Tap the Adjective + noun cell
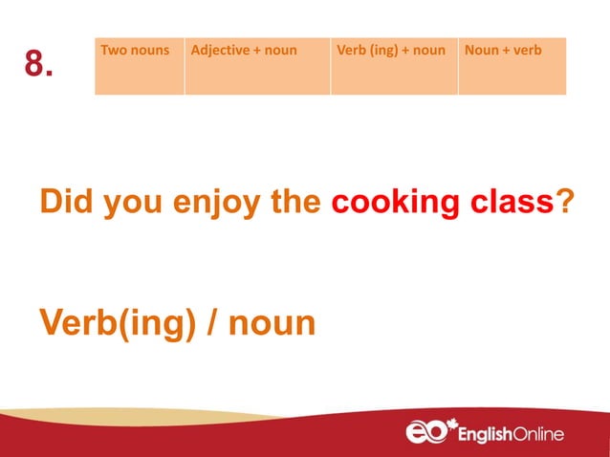coord(257,66)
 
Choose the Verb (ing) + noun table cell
coord(394,66)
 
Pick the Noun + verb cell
coord(512,66)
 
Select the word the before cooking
coord(299,204)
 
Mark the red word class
coord(511,204)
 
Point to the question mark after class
coord(565,204)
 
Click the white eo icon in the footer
coord(425,432)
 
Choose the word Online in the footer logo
coord(537,435)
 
